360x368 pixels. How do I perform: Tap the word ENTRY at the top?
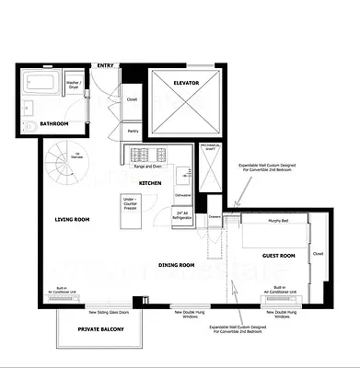click(x=106, y=65)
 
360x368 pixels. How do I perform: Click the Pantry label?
click(x=132, y=132)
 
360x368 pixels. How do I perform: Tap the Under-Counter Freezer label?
click(x=130, y=201)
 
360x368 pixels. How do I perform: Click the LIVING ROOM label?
click(x=72, y=219)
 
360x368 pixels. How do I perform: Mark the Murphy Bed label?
click(x=274, y=222)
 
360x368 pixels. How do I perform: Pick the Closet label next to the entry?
click(x=132, y=99)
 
